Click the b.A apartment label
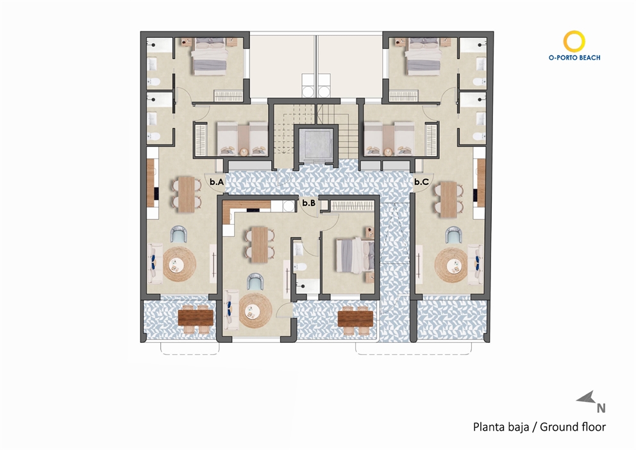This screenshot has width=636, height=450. pos(217,183)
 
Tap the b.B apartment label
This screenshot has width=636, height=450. pos(308,203)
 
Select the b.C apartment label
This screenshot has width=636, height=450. pos(421,182)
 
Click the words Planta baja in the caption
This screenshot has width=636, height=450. pos(499,426)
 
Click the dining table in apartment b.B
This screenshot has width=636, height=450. pos(260,244)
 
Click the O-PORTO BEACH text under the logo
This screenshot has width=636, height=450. pos(574,58)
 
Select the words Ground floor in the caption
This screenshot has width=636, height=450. pos(573,426)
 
